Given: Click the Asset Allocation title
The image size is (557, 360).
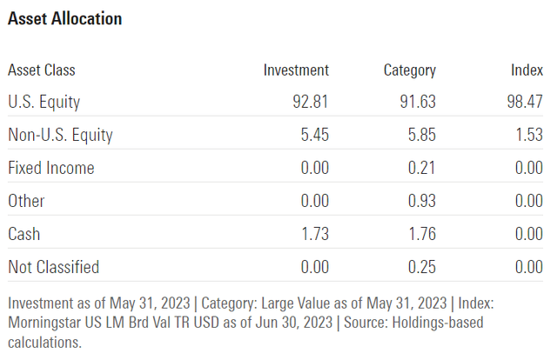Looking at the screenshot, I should point(64,18).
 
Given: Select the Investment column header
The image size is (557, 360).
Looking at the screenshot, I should point(296,70).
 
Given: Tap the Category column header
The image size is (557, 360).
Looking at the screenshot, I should point(409,70).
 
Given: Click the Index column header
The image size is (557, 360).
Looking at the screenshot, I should point(527,70).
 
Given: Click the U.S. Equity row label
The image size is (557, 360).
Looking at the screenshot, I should point(44,103).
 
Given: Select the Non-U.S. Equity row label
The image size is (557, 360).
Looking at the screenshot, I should point(60,136).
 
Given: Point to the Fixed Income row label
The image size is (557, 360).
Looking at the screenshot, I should point(50,168).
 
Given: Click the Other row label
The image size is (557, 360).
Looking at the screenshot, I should point(26,201).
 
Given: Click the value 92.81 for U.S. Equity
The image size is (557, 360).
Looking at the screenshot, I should point(311,103).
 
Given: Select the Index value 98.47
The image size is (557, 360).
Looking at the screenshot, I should point(525,103).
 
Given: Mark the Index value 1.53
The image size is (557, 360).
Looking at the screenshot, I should point(528,136).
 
